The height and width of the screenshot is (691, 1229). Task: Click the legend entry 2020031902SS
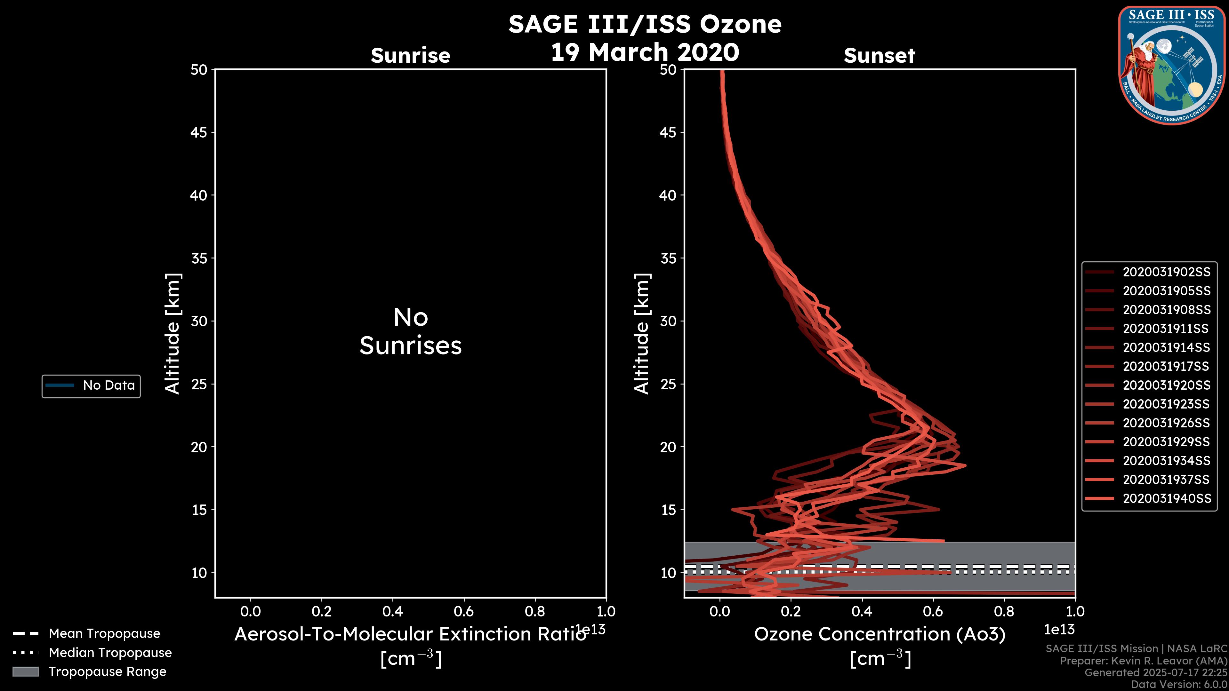[x=1166, y=272]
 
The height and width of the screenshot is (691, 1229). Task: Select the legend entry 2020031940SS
[x=1166, y=498]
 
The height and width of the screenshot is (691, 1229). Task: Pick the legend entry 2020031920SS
[x=1166, y=385]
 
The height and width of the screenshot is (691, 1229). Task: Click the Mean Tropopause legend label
[x=104, y=633]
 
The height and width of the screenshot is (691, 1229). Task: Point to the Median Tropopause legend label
[x=110, y=652]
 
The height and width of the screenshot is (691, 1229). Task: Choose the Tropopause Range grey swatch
[x=25, y=671]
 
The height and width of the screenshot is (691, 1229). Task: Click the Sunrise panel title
[x=410, y=55]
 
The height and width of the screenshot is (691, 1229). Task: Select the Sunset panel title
[x=879, y=55]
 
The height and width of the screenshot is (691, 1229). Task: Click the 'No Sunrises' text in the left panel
[x=410, y=331]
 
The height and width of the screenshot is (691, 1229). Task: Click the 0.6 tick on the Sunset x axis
[x=933, y=611]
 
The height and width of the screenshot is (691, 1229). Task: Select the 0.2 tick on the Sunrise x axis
[x=322, y=611]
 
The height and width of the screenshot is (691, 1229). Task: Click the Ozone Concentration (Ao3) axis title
[x=879, y=634]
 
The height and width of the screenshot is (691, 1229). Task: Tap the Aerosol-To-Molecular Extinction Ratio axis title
[x=410, y=634]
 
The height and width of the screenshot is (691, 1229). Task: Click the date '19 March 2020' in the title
[x=645, y=52]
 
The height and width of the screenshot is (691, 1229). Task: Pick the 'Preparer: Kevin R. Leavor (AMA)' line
[x=1143, y=661]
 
